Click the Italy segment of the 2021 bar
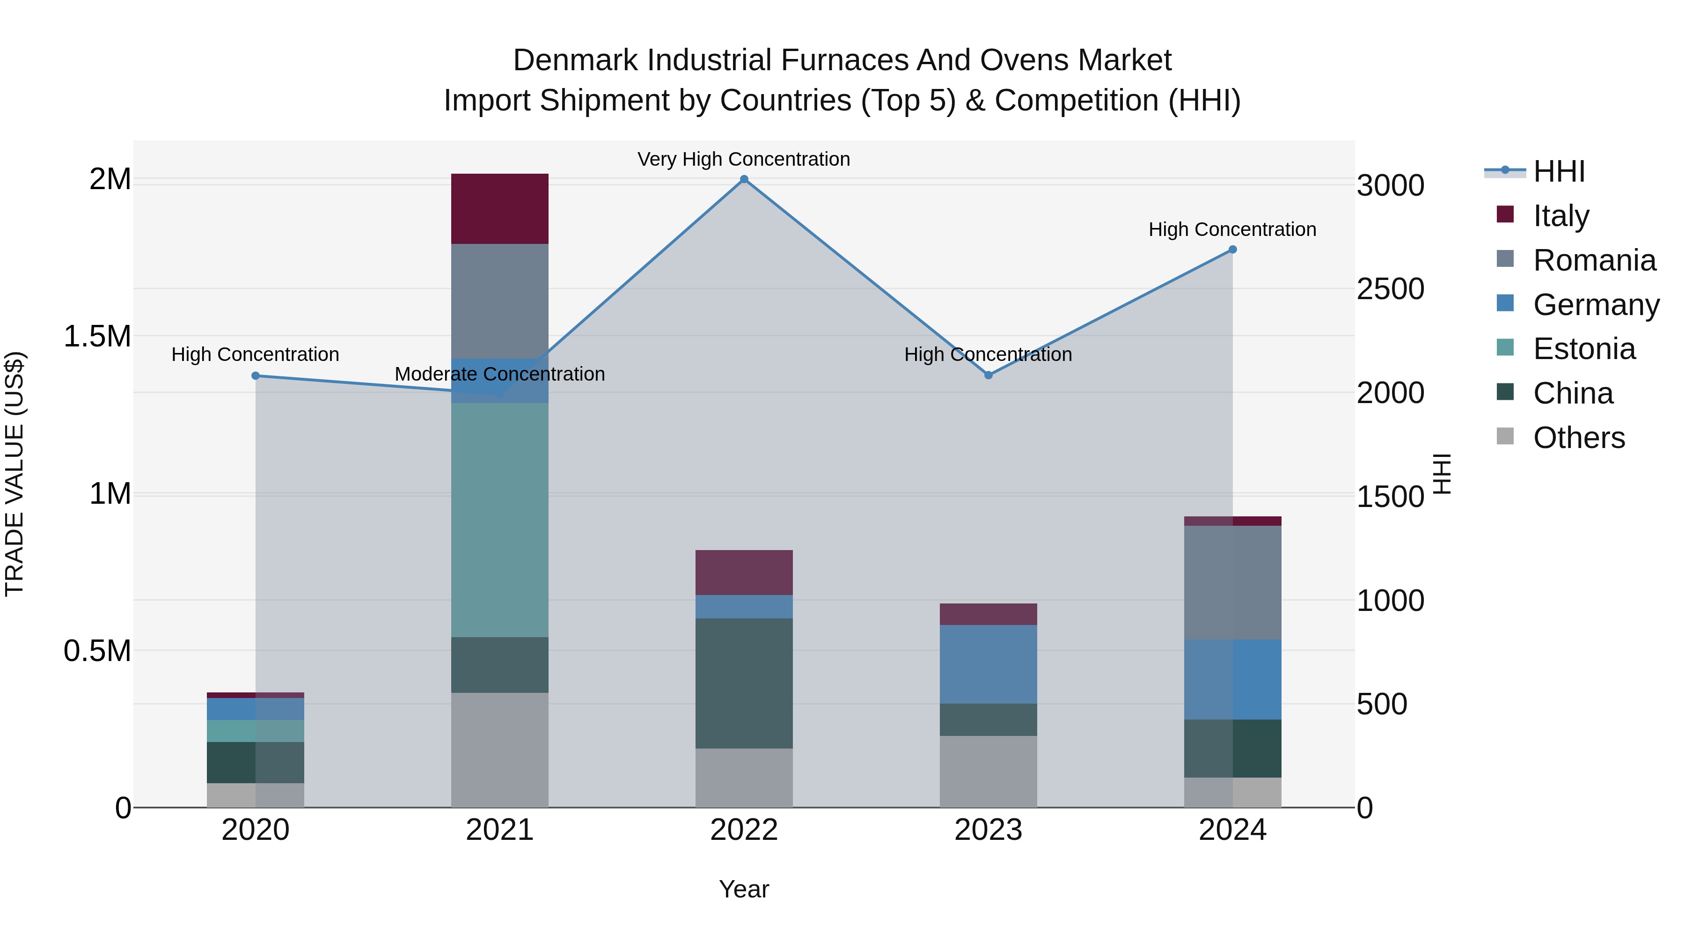500,209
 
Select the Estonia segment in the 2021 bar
500,520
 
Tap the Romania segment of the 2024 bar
1232,582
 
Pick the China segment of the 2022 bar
744,683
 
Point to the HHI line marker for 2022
744,179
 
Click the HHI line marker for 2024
1232,249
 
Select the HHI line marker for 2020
256,375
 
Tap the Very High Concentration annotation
744,159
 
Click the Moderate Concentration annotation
500,374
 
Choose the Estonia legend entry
1583,349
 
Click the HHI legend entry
1559,171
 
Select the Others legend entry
1578,437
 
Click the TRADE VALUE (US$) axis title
15,474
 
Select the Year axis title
744,889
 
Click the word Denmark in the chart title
575,60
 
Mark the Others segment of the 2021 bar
500,750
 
